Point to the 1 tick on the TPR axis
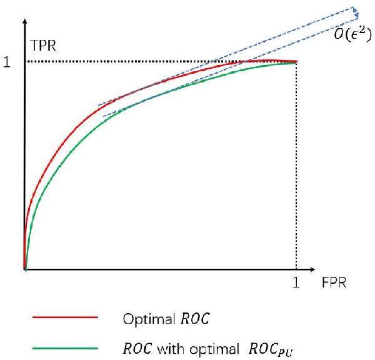pyautogui.click(x=7, y=62)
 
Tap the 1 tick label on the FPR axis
pyautogui.click(x=296, y=283)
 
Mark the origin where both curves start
pyautogui.click(x=25, y=269)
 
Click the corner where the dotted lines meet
pyautogui.click(x=296, y=62)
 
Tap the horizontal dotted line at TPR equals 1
pyautogui.click(x=125, y=62)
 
